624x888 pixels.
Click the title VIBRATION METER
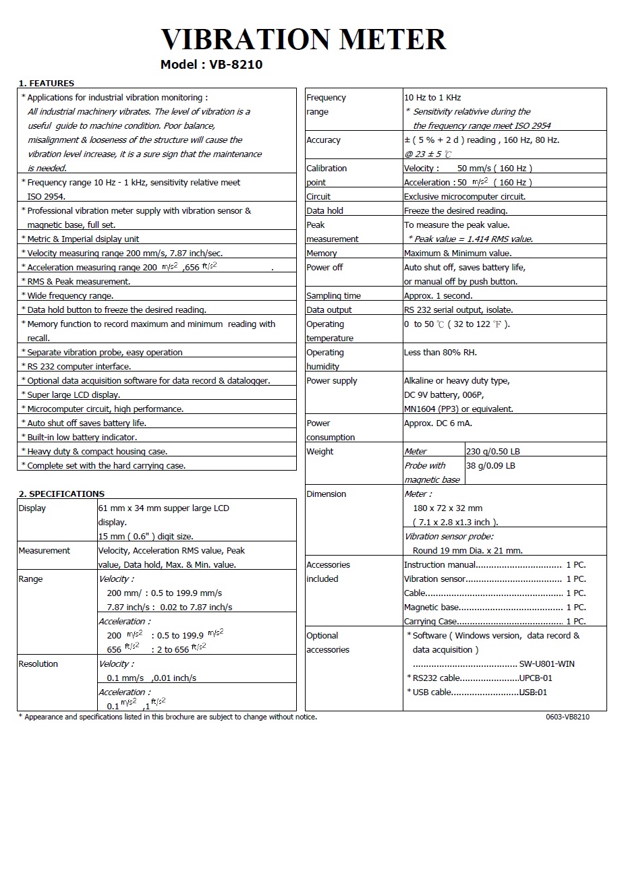tap(303, 39)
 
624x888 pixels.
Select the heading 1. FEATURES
tap(47, 84)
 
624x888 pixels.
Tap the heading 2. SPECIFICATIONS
tap(61, 494)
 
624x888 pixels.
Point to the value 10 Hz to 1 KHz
tap(432, 98)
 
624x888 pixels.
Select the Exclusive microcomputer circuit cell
tap(464, 197)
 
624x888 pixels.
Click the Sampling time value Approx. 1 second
tap(438, 296)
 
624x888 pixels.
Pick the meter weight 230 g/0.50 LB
tap(492, 452)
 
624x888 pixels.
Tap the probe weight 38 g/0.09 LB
tap(490, 466)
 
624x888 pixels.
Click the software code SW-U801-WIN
tap(546, 664)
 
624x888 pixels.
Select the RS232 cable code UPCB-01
tap(536, 678)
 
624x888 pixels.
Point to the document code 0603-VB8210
tap(567, 717)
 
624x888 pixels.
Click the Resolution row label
tap(38, 664)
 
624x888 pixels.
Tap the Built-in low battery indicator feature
tap(82, 438)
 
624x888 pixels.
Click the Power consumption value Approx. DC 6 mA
tap(438, 423)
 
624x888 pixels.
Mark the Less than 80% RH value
tap(440, 353)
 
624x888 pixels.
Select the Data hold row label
tap(324, 211)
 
